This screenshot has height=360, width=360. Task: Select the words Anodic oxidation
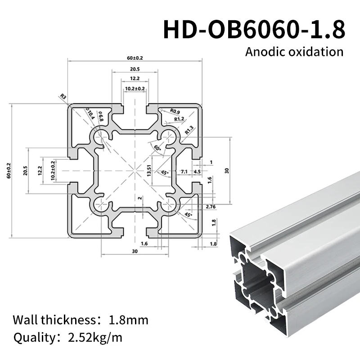click(x=294, y=51)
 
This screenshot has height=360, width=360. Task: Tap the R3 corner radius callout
click(x=63, y=96)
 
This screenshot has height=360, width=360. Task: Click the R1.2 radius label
click(x=180, y=119)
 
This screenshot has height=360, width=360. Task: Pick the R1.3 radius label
click(x=190, y=130)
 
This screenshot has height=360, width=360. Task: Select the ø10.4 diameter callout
click(x=90, y=115)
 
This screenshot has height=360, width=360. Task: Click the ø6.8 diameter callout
click(x=101, y=117)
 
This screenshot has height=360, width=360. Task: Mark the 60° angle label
click(x=157, y=148)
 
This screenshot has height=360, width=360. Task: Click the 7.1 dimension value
click(x=184, y=171)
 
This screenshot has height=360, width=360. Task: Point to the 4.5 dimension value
click(x=197, y=171)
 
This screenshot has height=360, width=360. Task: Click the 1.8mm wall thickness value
click(x=129, y=320)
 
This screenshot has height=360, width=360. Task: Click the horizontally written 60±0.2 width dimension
click(x=135, y=58)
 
